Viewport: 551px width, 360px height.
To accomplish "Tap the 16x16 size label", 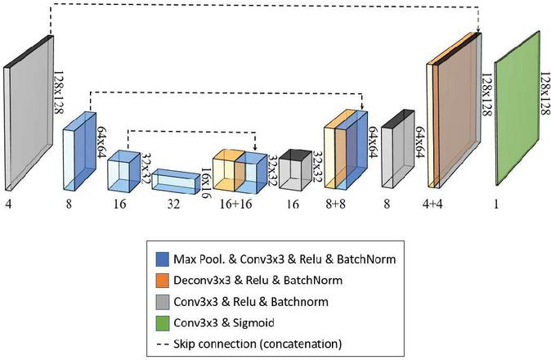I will click(x=205, y=181).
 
